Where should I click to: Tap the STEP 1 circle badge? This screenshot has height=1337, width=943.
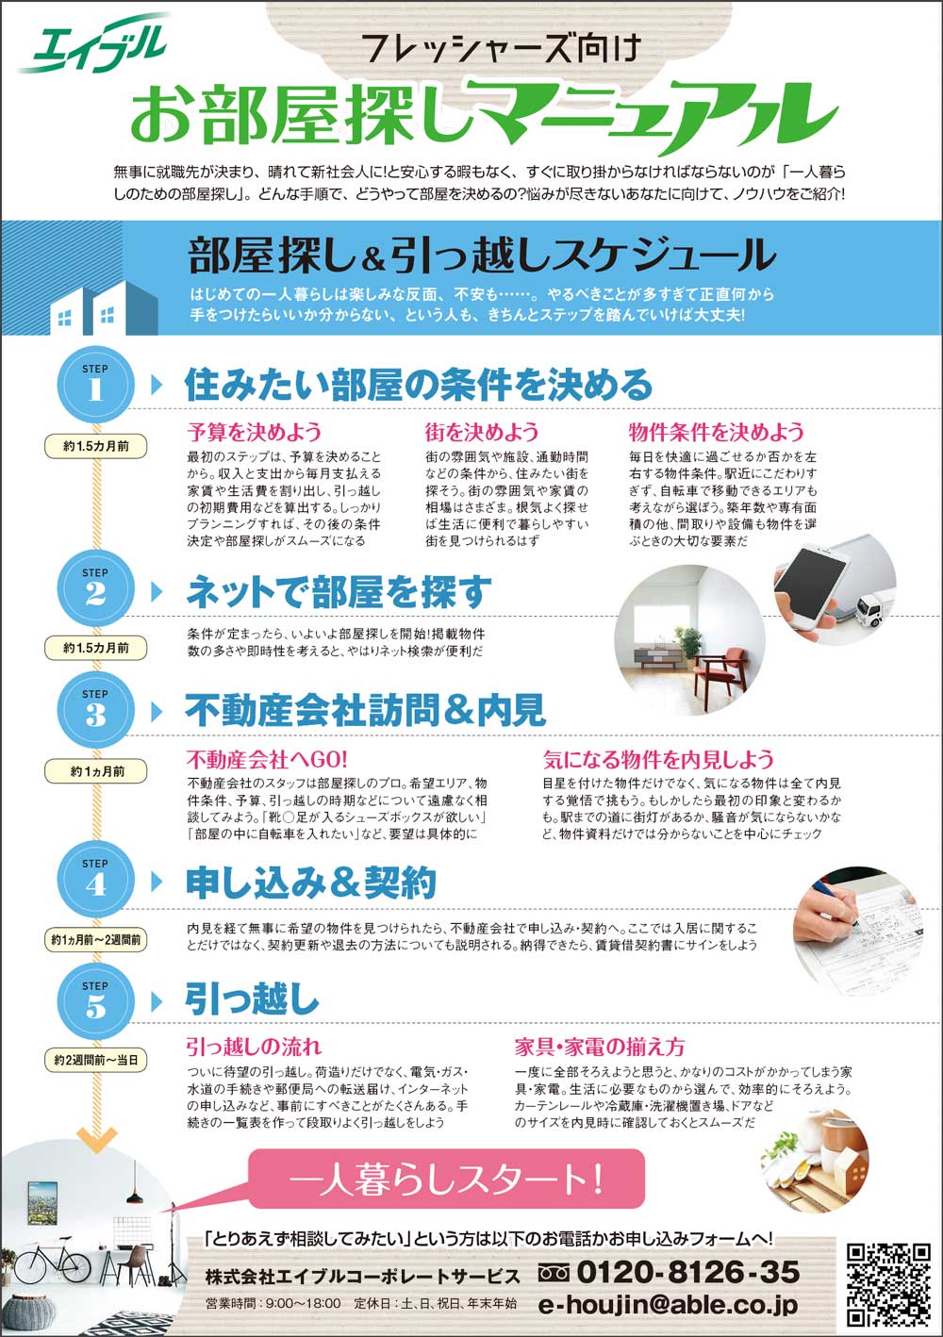[95, 385]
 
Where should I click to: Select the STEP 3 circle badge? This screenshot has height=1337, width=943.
[95, 710]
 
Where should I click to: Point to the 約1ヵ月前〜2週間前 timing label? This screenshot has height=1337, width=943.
[95, 940]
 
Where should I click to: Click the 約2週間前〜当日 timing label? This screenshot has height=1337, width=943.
[95, 1060]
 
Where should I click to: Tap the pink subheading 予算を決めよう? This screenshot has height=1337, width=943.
[255, 431]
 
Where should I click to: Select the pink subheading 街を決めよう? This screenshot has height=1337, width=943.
[482, 431]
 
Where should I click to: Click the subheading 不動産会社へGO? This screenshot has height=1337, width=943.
[267, 759]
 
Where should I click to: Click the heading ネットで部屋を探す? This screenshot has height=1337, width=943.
[339, 591]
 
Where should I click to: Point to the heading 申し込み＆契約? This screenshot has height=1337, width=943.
[311, 883]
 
